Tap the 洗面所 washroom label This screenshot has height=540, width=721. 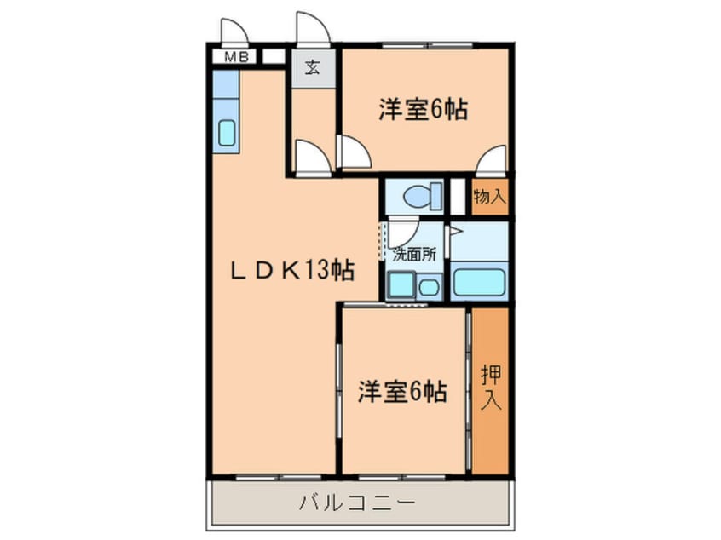click(415, 253)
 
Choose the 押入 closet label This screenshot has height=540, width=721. click(490, 388)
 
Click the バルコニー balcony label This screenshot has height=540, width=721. click(357, 503)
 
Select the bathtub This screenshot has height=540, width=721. click(480, 282)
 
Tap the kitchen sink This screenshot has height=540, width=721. click(227, 133)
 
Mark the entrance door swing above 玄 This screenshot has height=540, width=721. click(312, 28)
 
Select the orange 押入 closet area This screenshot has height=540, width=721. click(490, 388)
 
